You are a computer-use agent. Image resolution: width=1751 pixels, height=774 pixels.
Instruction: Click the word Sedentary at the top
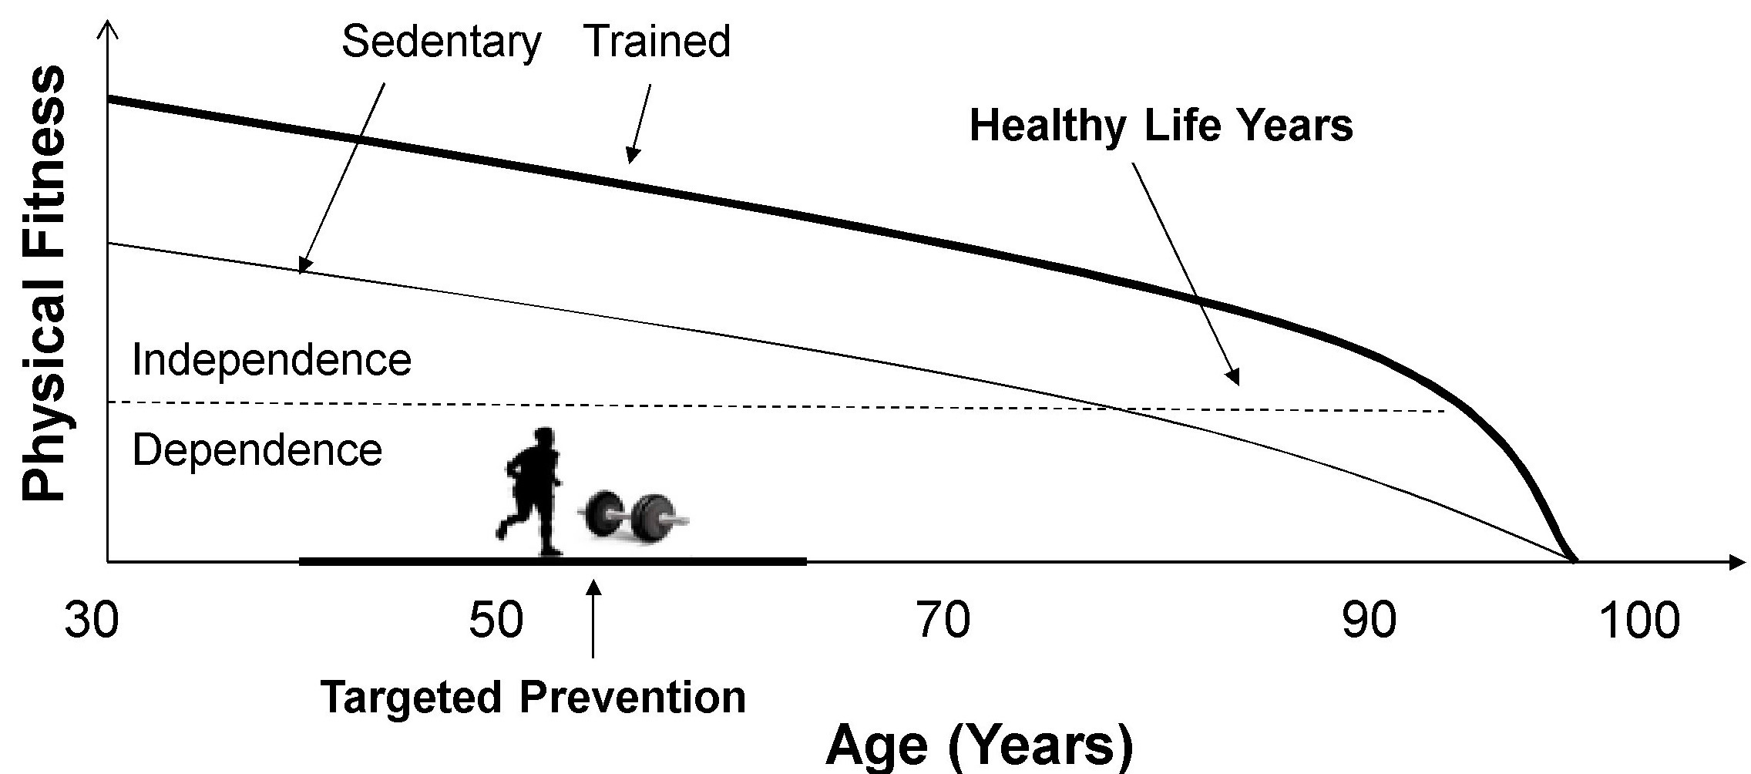pyautogui.click(x=441, y=42)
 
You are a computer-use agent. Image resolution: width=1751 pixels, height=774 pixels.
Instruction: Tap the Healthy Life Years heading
pyautogui.click(x=1161, y=125)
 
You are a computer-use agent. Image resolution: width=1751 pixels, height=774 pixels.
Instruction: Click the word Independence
pyautogui.click(x=271, y=360)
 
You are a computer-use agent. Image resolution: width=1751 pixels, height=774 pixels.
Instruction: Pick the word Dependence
pyautogui.click(x=257, y=450)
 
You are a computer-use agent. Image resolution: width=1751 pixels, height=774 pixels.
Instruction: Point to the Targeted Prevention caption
pyautogui.click(x=533, y=697)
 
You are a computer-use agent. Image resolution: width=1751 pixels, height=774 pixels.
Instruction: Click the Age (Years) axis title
pyautogui.click(x=980, y=745)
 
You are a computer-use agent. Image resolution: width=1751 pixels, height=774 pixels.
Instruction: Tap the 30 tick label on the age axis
pyautogui.click(x=92, y=621)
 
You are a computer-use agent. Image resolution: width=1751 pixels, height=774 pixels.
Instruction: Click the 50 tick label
pyautogui.click(x=496, y=621)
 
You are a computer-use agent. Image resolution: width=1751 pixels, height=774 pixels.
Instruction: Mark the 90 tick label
pyautogui.click(x=1369, y=621)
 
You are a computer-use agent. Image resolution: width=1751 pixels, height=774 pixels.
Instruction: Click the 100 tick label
pyautogui.click(x=1639, y=621)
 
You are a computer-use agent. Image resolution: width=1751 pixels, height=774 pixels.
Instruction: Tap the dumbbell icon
pyautogui.click(x=634, y=514)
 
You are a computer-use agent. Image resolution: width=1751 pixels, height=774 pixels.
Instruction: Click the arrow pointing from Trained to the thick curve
pyautogui.click(x=640, y=123)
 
